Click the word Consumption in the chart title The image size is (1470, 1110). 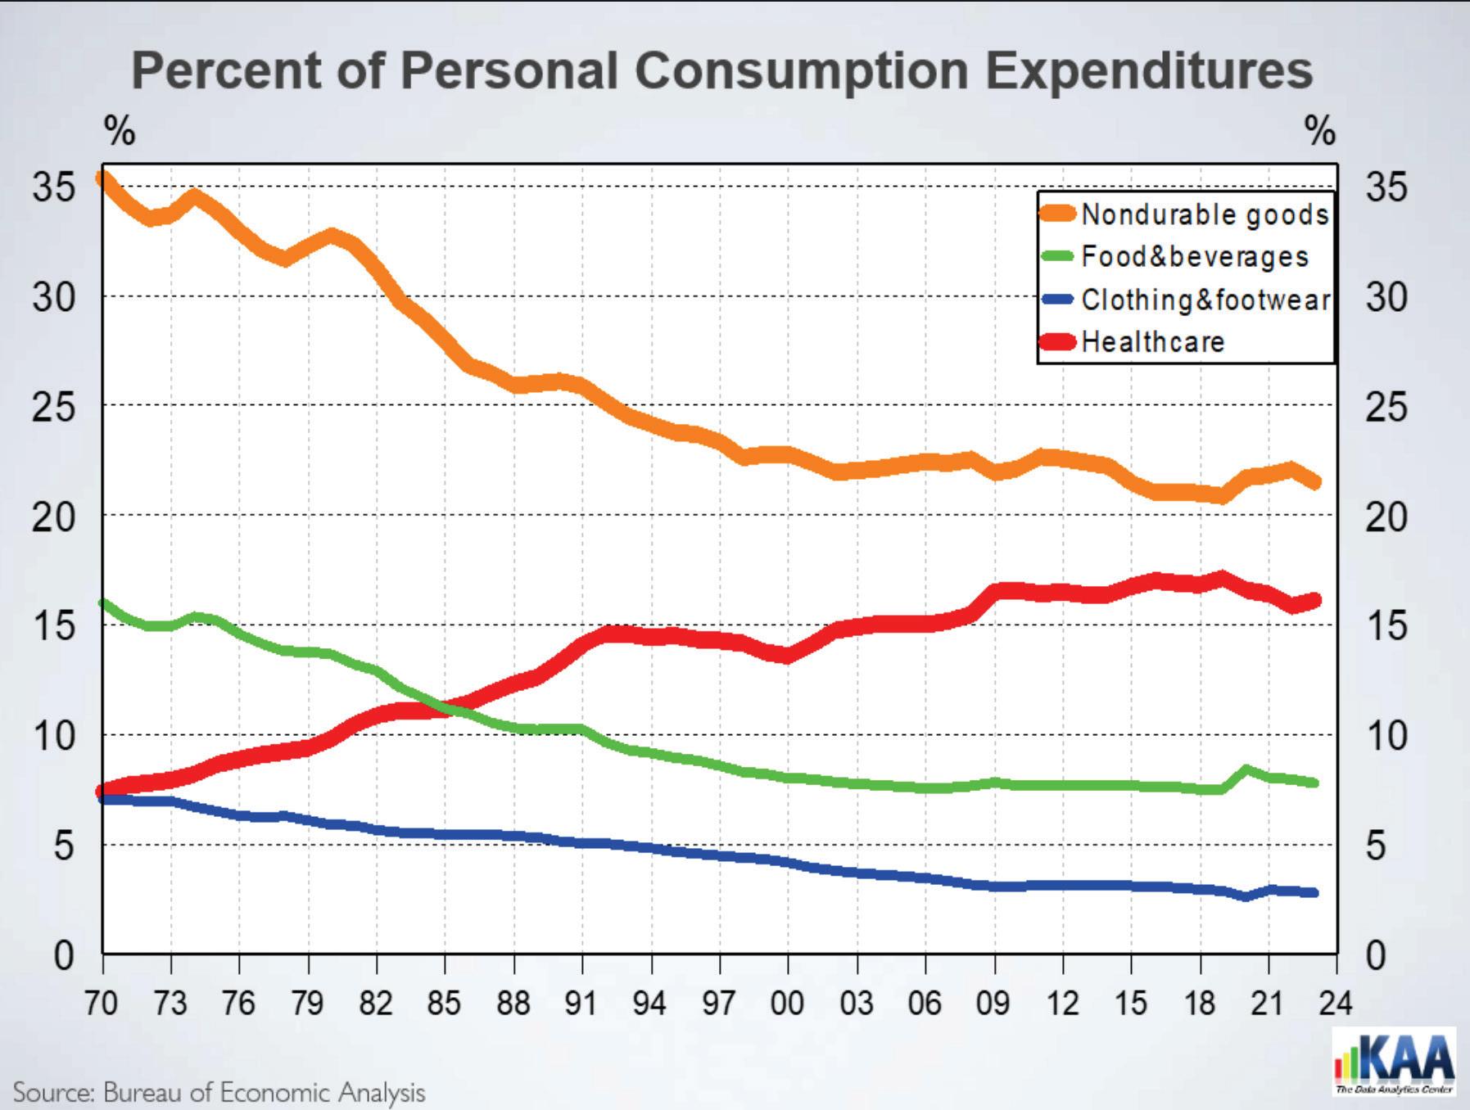(801, 70)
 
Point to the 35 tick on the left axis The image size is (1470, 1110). (53, 187)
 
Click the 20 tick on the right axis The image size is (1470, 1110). (1386, 517)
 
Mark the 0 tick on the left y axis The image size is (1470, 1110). (63, 955)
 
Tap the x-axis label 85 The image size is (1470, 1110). (444, 1002)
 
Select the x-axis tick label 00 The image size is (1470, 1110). (787, 1002)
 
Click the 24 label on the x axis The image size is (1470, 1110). (1335, 1002)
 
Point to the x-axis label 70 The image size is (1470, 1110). (102, 1002)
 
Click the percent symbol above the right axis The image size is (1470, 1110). (1319, 131)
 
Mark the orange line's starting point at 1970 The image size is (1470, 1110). (104, 178)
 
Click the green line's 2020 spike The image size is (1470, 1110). (1246, 769)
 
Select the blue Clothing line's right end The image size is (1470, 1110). (1314, 892)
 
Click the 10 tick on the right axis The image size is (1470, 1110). (1386, 736)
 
